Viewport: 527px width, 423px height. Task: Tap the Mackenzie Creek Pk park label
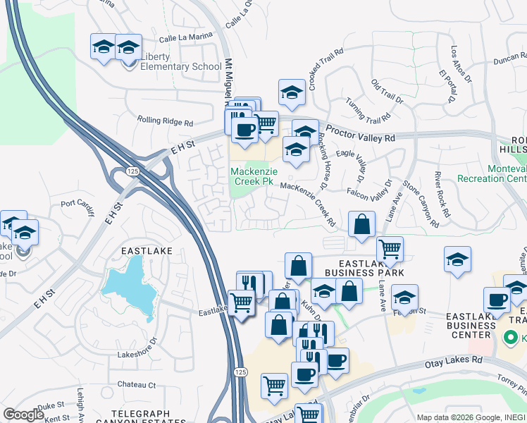(x=252, y=176)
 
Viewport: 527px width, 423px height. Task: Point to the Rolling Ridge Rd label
(x=165, y=121)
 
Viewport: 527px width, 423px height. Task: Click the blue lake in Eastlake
(x=131, y=286)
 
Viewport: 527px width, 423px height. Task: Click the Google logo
(x=23, y=415)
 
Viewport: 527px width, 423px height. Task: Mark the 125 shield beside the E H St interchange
(x=132, y=171)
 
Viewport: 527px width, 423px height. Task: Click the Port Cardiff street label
(x=77, y=204)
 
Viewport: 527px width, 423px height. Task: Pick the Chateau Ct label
(x=137, y=385)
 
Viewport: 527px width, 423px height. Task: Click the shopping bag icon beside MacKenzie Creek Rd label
(x=361, y=225)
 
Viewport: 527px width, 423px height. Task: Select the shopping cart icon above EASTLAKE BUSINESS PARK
(x=390, y=249)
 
